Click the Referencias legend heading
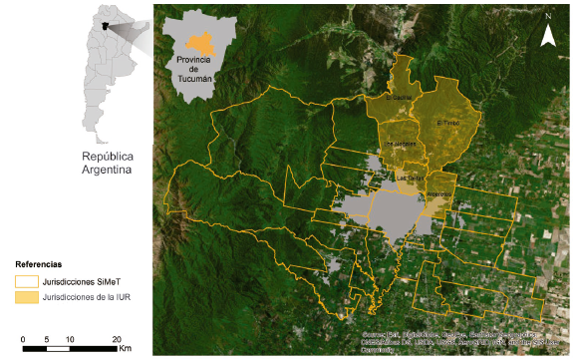(x=44, y=253)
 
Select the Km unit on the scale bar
(x=125, y=350)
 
